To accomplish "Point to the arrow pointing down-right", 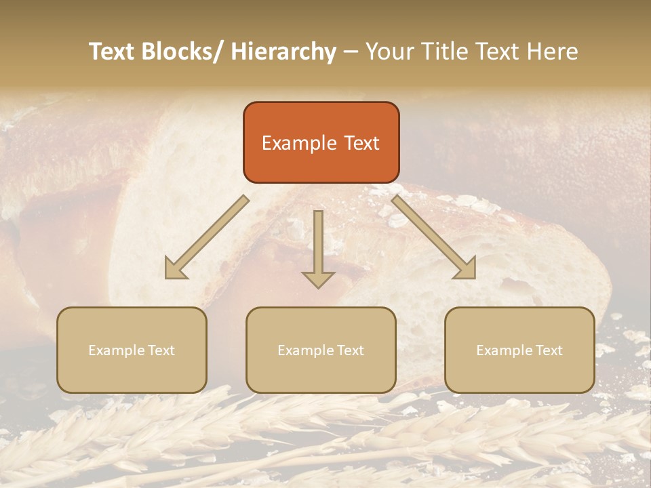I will pos(434,237).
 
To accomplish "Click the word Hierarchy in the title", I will pos(283,52).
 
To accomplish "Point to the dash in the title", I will pos(351,52).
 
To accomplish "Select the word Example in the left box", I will pos(117,350).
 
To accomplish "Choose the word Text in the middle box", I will pos(349,350).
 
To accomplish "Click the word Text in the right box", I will pos(548,350).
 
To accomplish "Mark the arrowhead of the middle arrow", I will pos(318,279).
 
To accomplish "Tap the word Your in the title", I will pos(387,52).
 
